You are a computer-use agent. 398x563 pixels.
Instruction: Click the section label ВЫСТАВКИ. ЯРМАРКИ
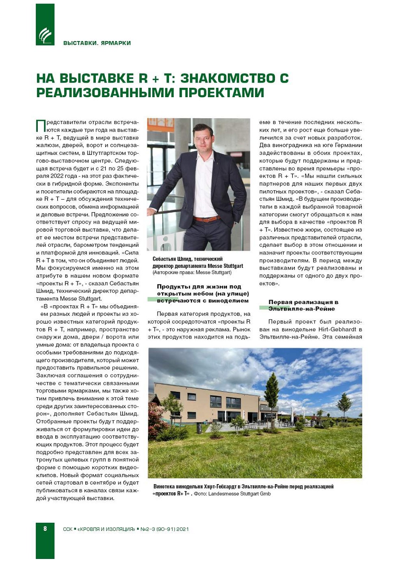(x=97, y=43)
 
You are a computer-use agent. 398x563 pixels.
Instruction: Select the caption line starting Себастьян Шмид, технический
(x=187, y=259)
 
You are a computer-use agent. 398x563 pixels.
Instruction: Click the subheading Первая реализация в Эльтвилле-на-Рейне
(x=303, y=305)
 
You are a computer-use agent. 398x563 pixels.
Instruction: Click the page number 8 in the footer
(x=45, y=528)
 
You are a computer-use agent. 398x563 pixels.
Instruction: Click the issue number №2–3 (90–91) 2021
(x=164, y=529)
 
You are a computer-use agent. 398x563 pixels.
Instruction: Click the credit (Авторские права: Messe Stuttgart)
(x=192, y=272)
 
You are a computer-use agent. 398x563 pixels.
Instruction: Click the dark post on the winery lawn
(x=199, y=428)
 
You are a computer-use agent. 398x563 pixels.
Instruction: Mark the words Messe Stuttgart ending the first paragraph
(x=80, y=299)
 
